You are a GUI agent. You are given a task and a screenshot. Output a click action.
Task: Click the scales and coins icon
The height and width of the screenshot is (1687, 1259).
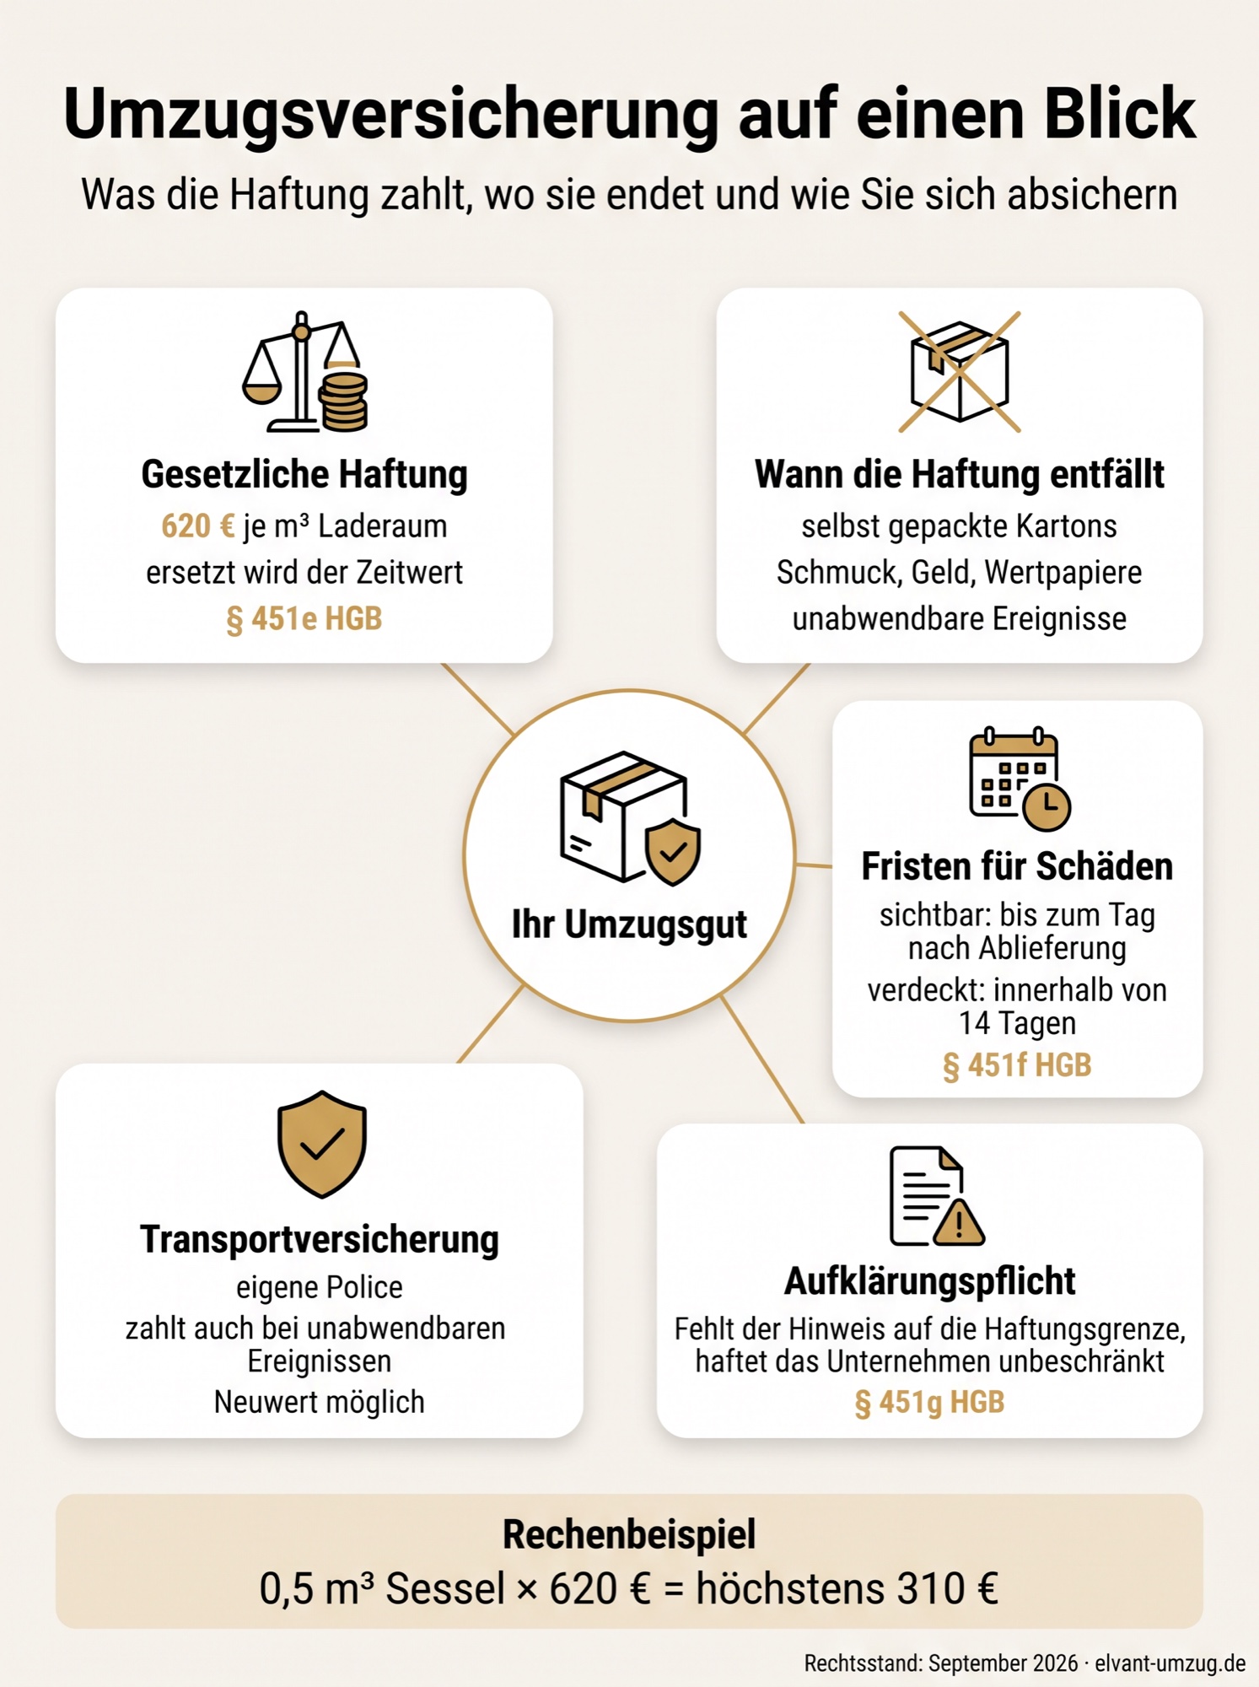point(304,372)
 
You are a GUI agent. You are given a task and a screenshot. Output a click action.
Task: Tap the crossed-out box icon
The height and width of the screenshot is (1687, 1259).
point(960,372)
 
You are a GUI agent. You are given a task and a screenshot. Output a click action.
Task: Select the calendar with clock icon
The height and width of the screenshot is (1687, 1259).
point(1020,779)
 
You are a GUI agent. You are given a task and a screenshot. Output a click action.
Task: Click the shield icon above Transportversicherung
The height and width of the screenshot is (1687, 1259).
point(321,1144)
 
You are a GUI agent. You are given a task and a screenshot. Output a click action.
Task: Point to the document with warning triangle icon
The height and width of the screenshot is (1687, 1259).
point(937,1196)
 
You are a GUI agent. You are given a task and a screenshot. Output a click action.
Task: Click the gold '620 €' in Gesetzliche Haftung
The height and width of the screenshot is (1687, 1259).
point(198,526)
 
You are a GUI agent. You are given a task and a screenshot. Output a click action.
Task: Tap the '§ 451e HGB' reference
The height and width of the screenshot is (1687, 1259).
point(304,619)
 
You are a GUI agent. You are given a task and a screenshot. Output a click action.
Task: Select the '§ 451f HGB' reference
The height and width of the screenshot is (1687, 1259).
point(1017,1065)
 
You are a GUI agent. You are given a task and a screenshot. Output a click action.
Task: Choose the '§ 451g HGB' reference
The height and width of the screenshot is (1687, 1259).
point(929,1402)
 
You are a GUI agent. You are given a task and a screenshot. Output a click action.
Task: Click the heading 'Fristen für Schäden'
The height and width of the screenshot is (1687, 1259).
point(1017,866)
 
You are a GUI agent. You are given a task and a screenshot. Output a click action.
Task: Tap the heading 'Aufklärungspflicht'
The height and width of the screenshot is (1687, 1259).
point(929,1281)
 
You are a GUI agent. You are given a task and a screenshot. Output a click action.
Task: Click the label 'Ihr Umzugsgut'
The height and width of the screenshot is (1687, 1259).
point(629,924)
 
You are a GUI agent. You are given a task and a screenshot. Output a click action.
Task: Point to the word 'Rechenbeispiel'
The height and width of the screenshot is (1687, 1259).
point(629,1534)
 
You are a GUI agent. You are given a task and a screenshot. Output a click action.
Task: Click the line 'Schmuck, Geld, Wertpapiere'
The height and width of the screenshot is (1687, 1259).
point(960,573)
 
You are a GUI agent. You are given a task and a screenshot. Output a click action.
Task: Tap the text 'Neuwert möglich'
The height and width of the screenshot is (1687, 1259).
point(320,1402)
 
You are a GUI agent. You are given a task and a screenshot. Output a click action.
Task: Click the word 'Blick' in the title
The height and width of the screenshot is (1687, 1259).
point(1120,113)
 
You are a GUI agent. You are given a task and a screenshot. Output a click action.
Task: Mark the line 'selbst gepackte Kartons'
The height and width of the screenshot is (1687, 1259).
point(960,526)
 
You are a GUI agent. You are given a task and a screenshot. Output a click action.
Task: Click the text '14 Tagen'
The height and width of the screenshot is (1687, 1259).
point(1017,1023)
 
